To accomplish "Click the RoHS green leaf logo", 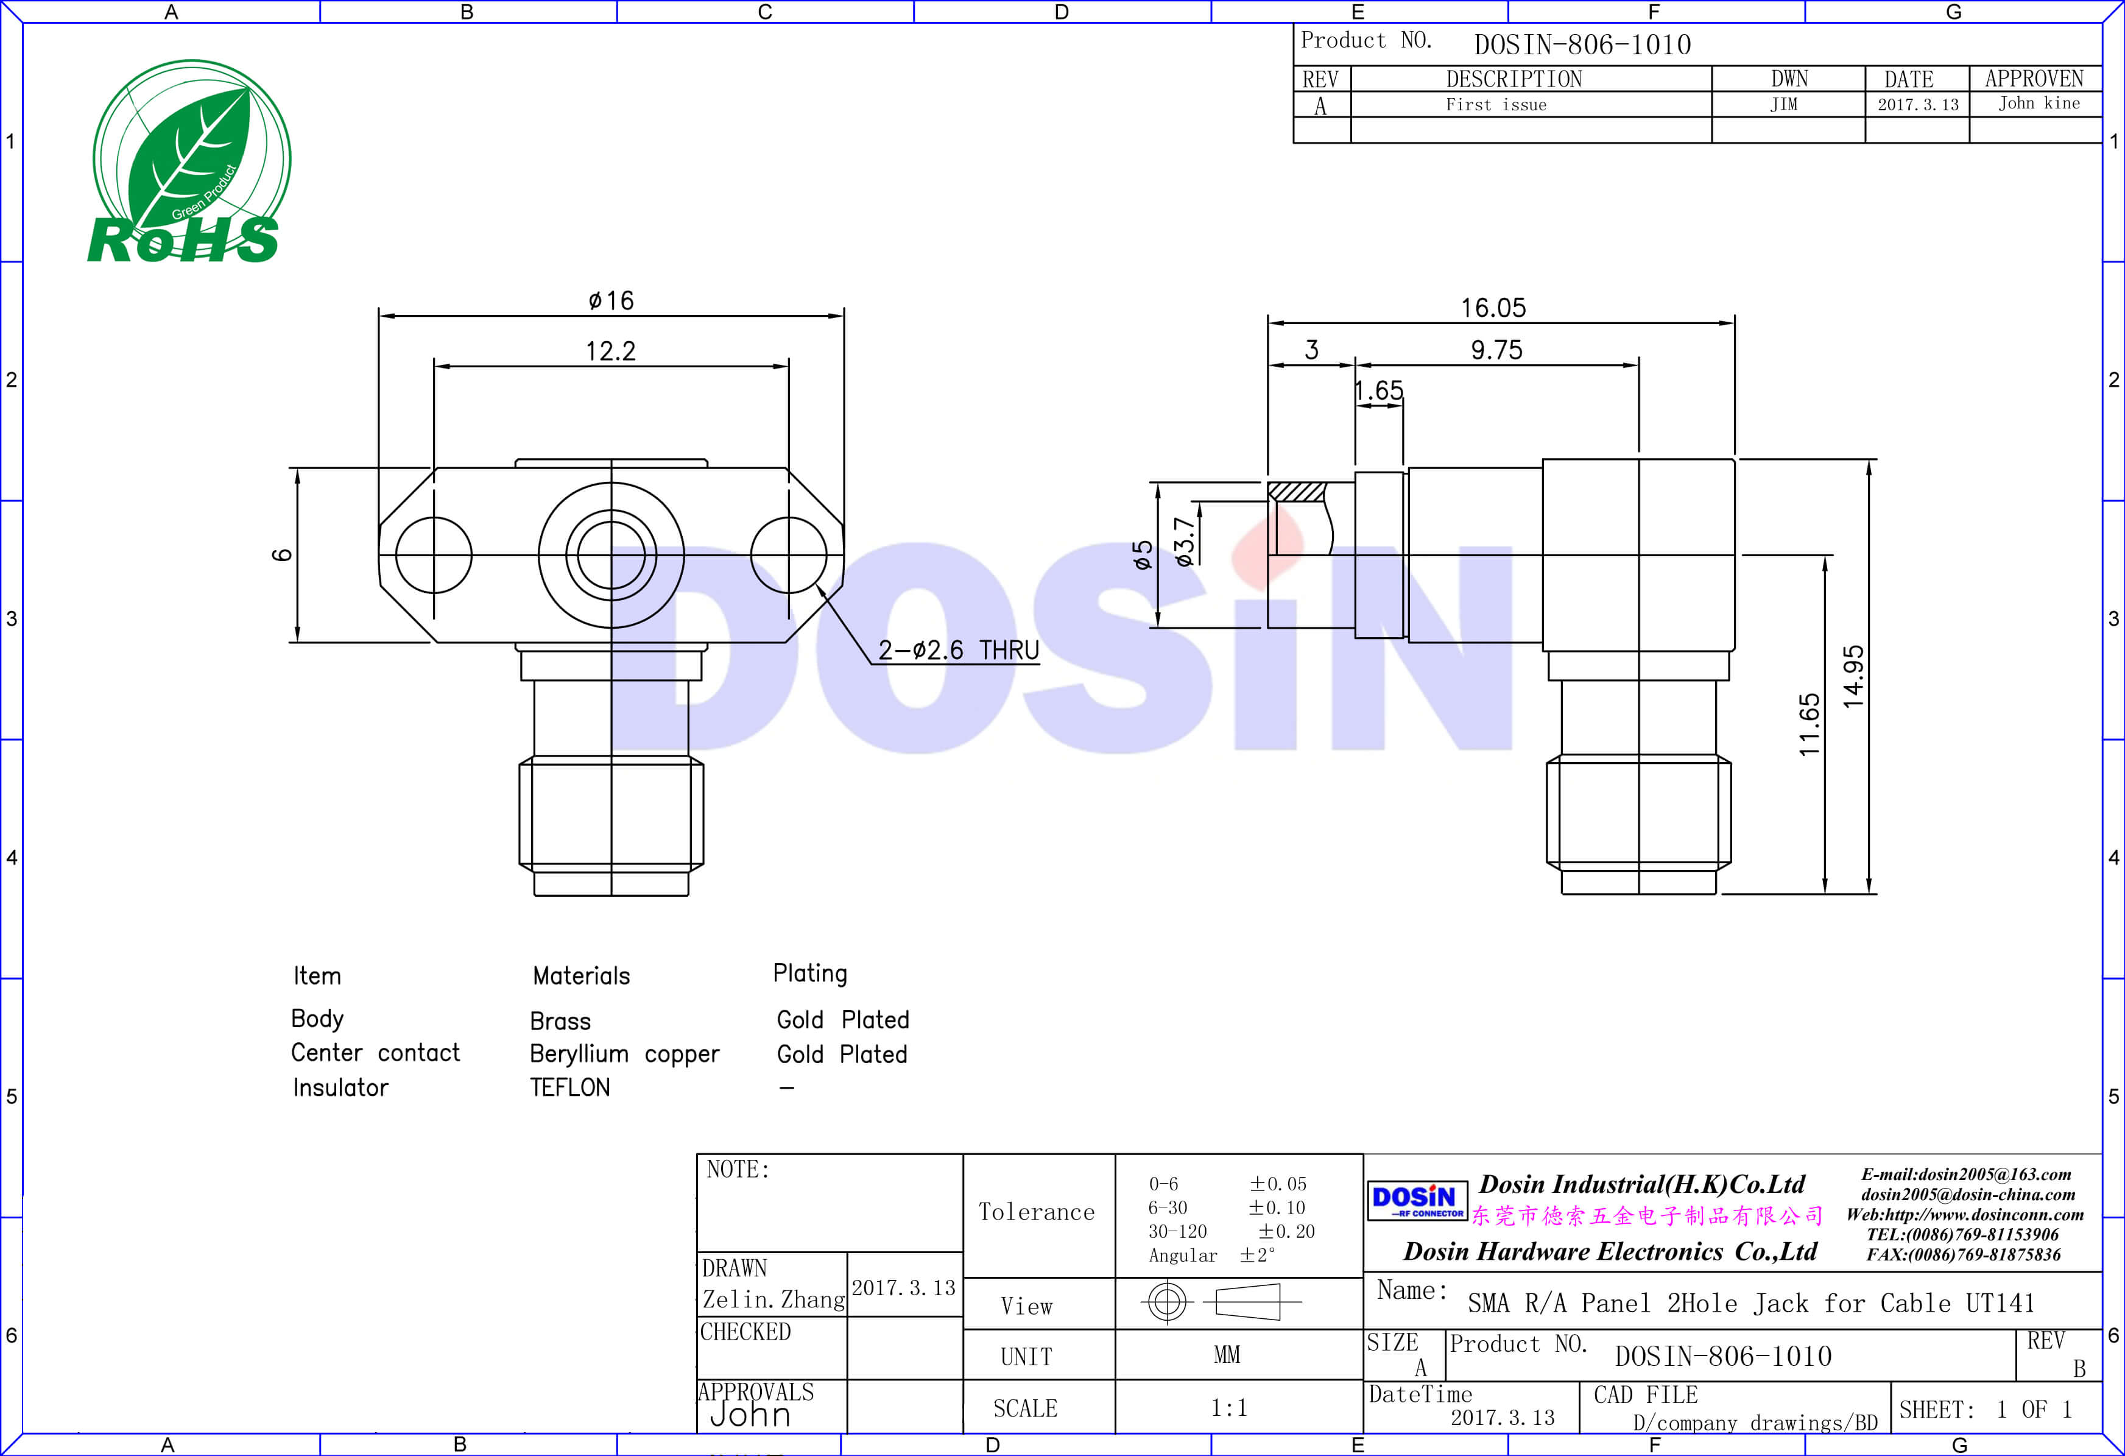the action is (x=188, y=162).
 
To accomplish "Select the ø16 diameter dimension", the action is (x=611, y=301).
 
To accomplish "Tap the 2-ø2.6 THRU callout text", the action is (x=958, y=650).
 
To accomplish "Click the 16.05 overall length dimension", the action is (x=1493, y=308).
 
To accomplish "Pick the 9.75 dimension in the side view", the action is (x=1497, y=350).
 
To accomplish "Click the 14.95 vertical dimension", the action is (x=1853, y=677).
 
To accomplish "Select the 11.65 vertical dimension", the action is (x=1810, y=725).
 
